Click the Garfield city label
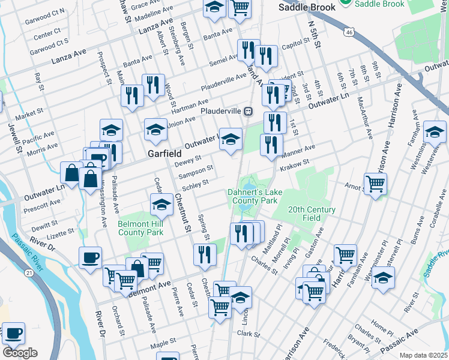click(164, 154)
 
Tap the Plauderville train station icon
click(247, 111)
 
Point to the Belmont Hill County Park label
click(140, 228)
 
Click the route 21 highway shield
click(29, 272)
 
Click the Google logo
click(19, 352)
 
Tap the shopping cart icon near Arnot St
click(375, 184)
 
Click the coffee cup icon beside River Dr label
click(90, 258)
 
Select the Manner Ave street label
click(297, 151)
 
